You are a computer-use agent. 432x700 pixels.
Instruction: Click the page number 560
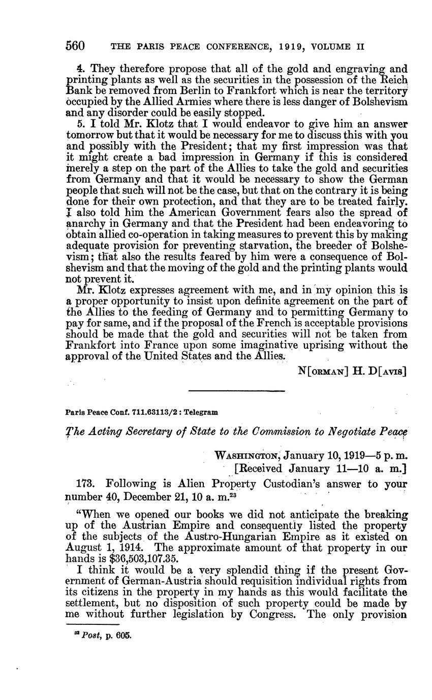[x=75, y=47]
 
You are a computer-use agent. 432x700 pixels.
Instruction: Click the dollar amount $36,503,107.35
[x=140, y=560]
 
